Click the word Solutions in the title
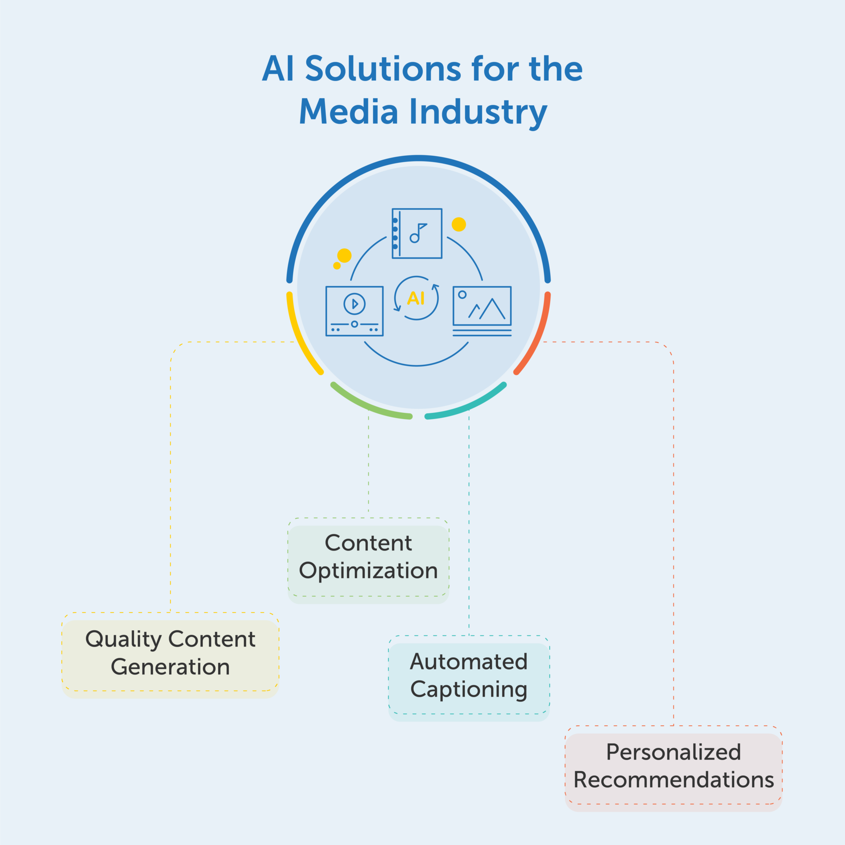(383, 69)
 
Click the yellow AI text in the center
(416, 298)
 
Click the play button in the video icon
(354, 304)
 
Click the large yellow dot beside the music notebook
(459, 224)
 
